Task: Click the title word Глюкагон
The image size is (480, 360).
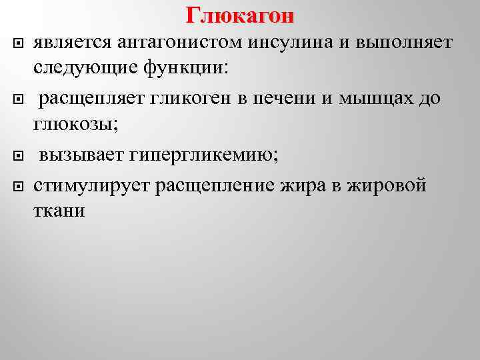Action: pyautogui.click(x=240, y=14)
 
